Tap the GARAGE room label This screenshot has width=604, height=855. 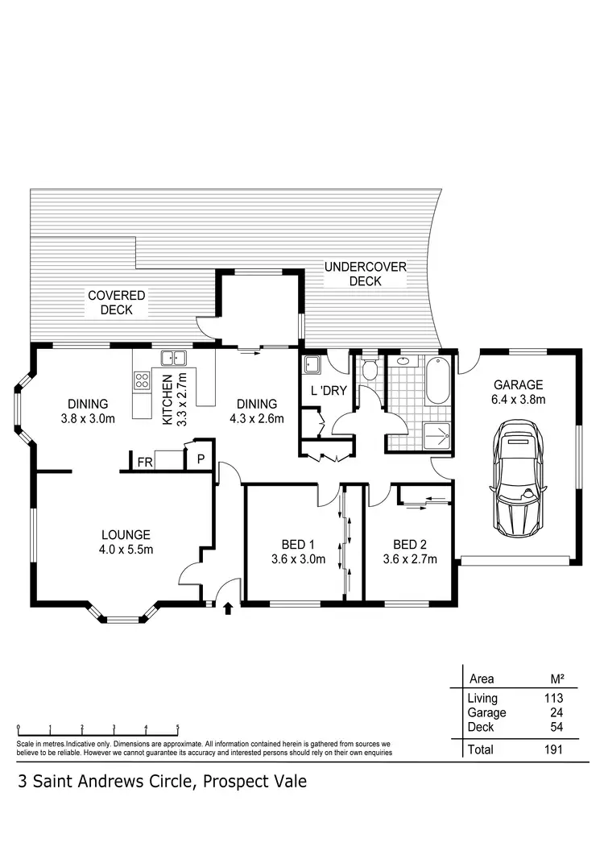[x=519, y=385]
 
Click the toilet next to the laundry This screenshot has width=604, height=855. [x=369, y=371]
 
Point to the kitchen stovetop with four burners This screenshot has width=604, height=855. [x=143, y=380]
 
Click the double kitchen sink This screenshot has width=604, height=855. [x=173, y=359]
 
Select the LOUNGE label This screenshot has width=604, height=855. [x=126, y=534]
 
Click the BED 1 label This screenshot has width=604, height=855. [x=297, y=544]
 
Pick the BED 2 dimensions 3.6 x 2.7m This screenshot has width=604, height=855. [x=410, y=559]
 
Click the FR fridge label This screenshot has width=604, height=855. [x=145, y=463]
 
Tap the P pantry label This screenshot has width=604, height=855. [x=200, y=460]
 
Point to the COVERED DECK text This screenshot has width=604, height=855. [x=117, y=303]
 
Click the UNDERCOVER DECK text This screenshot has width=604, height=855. [x=366, y=274]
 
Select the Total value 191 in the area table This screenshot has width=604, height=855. [x=552, y=749]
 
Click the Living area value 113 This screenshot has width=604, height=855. [x=552, y=699]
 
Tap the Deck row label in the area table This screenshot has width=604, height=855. [x=481, y=727]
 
